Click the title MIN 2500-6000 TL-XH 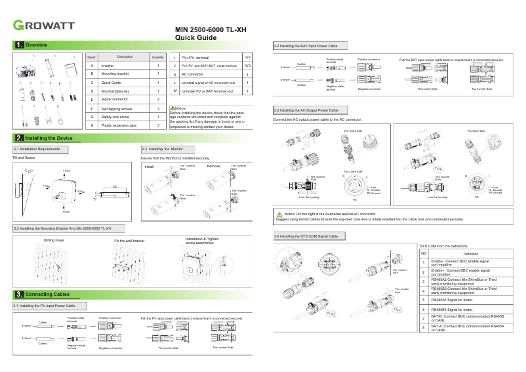click(x=211, y=30)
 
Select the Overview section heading click(x=36, y=45)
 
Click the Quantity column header click(x=158, y=57)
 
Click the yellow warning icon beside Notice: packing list click(x=172, y=107)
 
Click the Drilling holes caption click(x=54, y=241)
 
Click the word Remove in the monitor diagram click(x=213, y=166)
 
